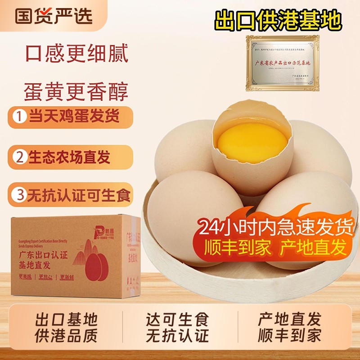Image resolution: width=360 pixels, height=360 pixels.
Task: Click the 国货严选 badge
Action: (54, 15)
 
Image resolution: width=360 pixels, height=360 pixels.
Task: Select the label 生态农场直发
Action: (70, 157)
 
